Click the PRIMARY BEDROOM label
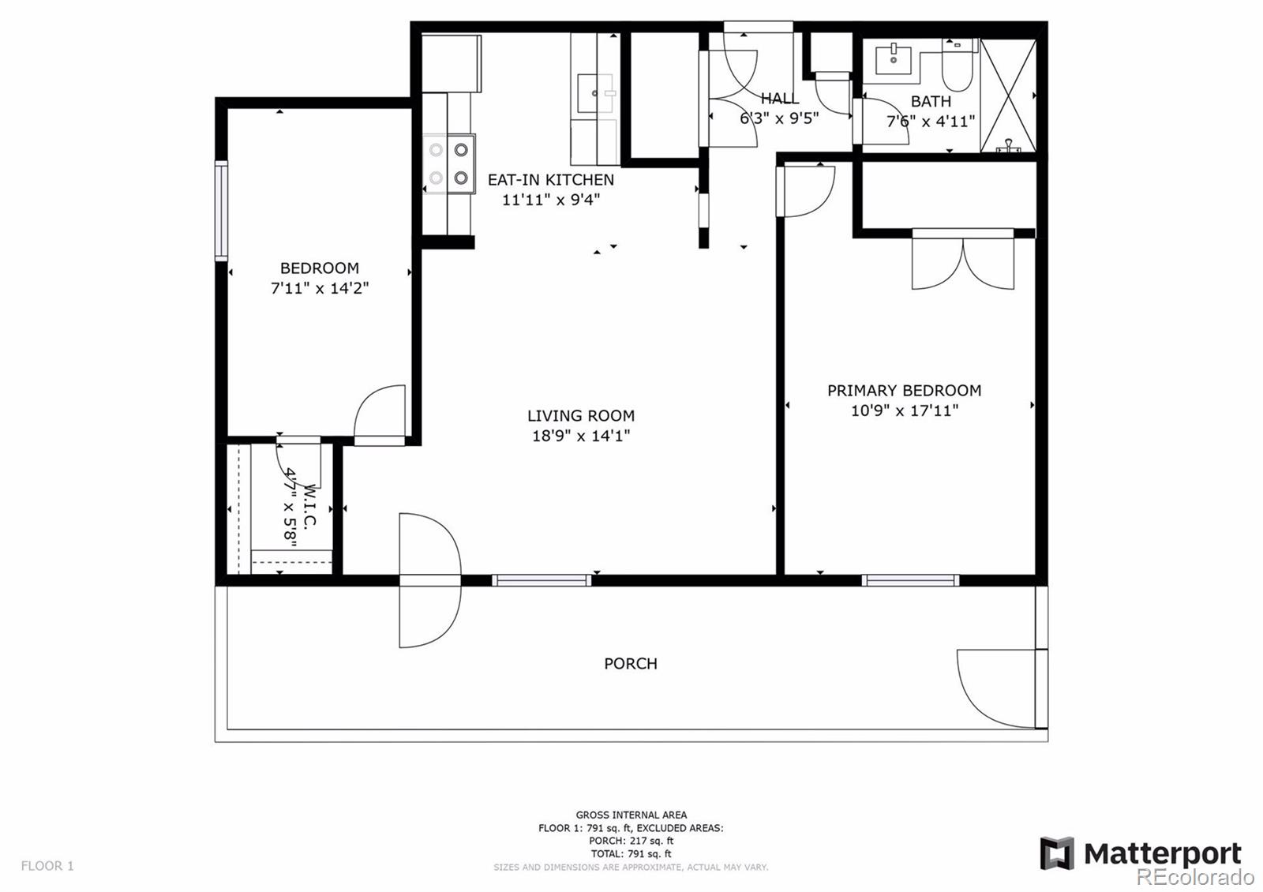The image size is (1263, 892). (904, 390)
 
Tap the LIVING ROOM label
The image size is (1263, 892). (580, 415)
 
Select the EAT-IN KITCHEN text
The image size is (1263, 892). (550, 179)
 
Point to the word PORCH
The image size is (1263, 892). (630, 664)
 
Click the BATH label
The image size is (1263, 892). (931, 101)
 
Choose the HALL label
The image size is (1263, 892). (779, 99)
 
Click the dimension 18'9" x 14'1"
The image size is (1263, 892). (580, 436)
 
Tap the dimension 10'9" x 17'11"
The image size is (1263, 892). (904, 410)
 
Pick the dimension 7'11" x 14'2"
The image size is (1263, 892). (320, 288)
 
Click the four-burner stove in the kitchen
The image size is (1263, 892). (448, 163)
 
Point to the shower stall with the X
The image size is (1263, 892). (1007, 95)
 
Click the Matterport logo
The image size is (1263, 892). (1140, 853)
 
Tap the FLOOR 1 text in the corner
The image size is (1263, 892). (47, 866)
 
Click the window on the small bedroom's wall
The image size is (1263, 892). (222, 211)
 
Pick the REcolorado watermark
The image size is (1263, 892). (1194, 876)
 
